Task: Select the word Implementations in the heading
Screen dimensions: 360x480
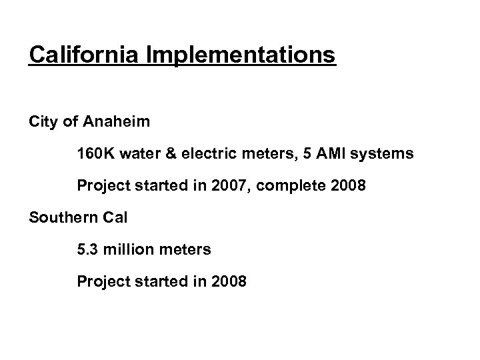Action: click(247, 55)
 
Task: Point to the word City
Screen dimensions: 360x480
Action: click(42, 122)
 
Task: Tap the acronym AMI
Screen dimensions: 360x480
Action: click(337, 154)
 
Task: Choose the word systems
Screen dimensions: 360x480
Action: click(385, 154)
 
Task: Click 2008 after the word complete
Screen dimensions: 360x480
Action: click(349, 186)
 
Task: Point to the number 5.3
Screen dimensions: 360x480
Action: click(87, 250)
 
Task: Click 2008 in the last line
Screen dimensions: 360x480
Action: click(229, 282)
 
